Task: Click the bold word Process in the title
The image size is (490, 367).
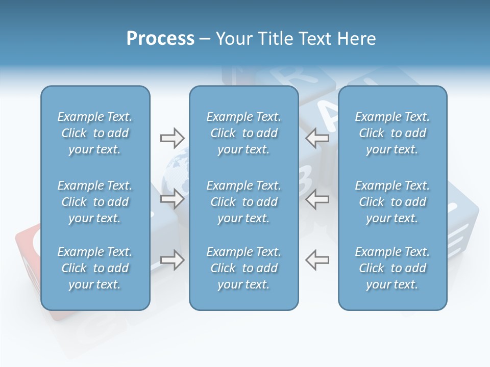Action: pyautogui.click(x=160, y=39)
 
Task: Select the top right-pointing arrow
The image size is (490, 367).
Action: pyautogui.click(x=172, y=138)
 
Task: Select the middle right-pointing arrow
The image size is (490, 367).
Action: pyautogui.click(x=172, y=199)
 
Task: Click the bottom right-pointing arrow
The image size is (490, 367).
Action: pyautogui.click(x=172, y=260)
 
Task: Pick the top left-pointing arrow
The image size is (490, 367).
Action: pyautogui.click(x=317, y=138)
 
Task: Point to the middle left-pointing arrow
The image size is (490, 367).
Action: pyautogui.click(x=317, y=199)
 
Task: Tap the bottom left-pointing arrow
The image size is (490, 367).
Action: pyautogui.click(x=317, y=260)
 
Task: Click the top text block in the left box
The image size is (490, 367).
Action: pyautogui.click(x=95, y=133)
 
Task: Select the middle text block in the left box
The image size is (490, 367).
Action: pyautogui.click(x=95, y=202)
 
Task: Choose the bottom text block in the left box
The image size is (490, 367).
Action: pyautogui.click(x=95, y=268)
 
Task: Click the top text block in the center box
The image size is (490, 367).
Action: pyautogui.click(x=243, y=133)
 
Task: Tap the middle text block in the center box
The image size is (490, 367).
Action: pyautogui.click(x=243, y=202)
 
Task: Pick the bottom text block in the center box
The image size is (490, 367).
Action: pyautogui.click(x=243, y=268)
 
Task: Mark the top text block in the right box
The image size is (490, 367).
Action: pyautogui.click(x=392, y=133)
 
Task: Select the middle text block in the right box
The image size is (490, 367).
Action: pyautogui.click(x=392, y=202)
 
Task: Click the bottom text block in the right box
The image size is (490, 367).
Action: pyautogui.click(x=392, y=268)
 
